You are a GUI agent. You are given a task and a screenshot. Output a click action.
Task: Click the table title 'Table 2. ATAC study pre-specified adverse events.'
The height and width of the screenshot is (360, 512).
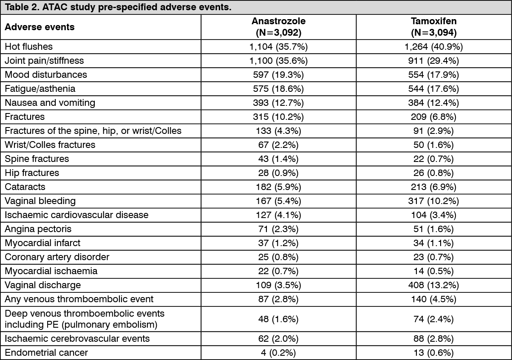pos(118,7)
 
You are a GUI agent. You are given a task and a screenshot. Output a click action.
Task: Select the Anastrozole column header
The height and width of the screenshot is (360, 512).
pos(278,27)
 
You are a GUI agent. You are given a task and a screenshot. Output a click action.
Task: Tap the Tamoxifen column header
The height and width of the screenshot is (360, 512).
pos(433,27)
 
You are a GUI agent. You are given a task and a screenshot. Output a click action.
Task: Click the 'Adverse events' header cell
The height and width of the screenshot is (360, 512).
pos(40,27)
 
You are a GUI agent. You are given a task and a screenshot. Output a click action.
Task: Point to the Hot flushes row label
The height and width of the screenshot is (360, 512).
pos(28,47)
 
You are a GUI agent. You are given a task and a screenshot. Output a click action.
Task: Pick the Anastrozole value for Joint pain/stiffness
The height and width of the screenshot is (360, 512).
pos(278,61)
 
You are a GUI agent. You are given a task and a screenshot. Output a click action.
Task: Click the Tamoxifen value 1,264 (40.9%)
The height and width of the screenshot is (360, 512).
pos(433,47)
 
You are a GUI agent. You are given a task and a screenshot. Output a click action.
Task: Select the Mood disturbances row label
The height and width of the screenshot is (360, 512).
pos(46,75)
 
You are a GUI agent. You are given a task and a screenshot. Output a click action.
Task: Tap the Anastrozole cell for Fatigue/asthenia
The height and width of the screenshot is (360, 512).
pos(278,89)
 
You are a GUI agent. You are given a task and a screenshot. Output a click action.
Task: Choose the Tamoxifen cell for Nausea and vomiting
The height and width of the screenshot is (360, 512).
pos(433,103)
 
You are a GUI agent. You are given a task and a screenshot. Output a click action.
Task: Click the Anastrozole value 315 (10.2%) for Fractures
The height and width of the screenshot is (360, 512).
pos(278,117)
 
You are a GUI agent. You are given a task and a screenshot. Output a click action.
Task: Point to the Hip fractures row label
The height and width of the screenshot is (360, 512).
pos(32,173)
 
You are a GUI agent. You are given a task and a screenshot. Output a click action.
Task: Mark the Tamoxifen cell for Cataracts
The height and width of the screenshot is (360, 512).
pos(433,187)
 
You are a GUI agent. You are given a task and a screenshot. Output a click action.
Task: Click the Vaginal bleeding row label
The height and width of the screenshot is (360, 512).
pos(40,201)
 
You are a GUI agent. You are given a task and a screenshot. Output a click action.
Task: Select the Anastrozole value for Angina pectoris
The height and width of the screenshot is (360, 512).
pos(278,229)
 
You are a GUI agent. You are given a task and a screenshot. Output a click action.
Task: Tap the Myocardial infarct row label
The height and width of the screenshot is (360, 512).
pos(42,243)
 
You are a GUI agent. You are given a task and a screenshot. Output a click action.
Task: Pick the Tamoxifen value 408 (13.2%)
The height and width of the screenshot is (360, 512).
pos(433,285)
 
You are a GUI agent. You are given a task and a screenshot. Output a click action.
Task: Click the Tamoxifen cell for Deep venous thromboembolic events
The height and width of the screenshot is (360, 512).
pos(433,319)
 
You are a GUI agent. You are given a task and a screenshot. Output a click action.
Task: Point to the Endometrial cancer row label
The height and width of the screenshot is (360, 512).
pos(46,353)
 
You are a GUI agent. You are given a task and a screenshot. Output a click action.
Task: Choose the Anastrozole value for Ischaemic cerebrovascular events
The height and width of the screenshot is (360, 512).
pos(278,339)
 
